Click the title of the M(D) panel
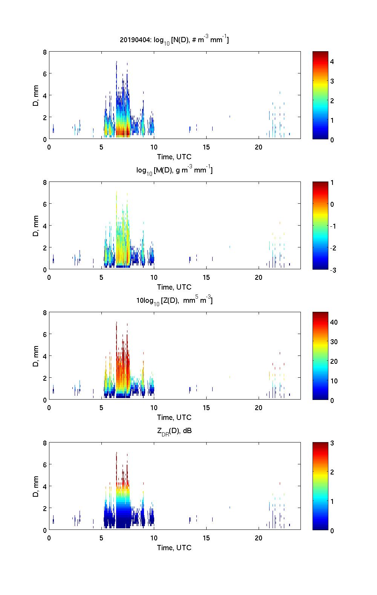click(x=174, y=170)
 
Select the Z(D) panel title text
click(x=174, y=301)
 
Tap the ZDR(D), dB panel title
click(x=174, y=431)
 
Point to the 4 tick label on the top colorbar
click(x=332, y=61)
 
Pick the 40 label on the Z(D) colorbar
click(x=334, y=322)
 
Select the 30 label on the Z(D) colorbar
click(x=334, y=342)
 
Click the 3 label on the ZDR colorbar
click(x=332, y=443)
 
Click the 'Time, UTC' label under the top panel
click(x=174, y=157)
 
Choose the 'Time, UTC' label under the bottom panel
click(x=174, y=548)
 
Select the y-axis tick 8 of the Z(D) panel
click(x=44, y=313)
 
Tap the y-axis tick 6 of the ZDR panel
click(x=44, y=465)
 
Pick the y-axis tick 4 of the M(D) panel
click(x=44, y=226)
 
